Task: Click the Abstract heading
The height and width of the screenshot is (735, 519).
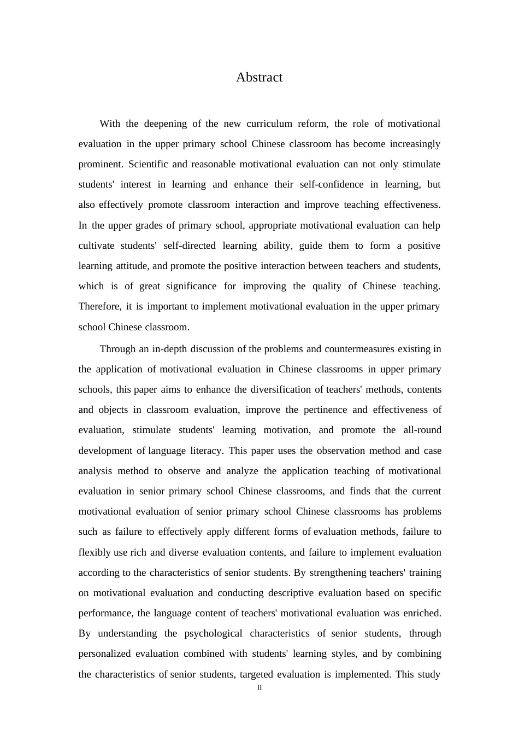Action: click(259, 77)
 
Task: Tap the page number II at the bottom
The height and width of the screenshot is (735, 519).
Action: click(259, 687)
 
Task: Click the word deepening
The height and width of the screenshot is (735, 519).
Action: click(165, 124)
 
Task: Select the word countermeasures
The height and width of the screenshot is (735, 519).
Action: click(359, 349)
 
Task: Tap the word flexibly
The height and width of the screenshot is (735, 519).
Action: click(95, 552)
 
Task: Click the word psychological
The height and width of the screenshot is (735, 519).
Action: click(213, 633)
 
